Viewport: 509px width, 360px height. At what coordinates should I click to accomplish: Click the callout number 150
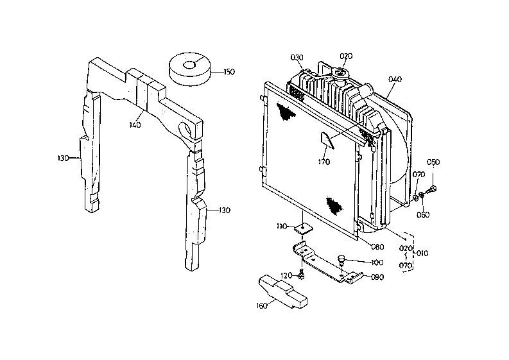229,72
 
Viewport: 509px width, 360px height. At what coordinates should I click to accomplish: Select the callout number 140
135,124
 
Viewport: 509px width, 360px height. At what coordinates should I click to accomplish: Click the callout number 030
297,58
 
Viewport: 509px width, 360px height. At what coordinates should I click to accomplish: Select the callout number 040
395,79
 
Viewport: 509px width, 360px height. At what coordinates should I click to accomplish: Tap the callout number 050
433,162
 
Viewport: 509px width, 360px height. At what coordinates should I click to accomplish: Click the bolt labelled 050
431,189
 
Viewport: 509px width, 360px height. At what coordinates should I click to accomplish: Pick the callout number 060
423,214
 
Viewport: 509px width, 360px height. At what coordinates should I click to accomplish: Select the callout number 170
324,162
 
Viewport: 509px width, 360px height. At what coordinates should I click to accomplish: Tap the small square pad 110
304,228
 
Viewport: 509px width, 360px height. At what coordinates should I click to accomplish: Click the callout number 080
377,247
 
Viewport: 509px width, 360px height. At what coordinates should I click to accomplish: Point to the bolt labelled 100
341,260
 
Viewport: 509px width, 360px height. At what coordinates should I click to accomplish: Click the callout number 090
377,277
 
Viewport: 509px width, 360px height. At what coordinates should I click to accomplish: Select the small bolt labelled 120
302,275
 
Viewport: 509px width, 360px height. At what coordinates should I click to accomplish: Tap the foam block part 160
282,291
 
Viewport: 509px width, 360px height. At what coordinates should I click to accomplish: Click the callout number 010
422,253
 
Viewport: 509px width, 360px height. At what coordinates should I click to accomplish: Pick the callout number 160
262,306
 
